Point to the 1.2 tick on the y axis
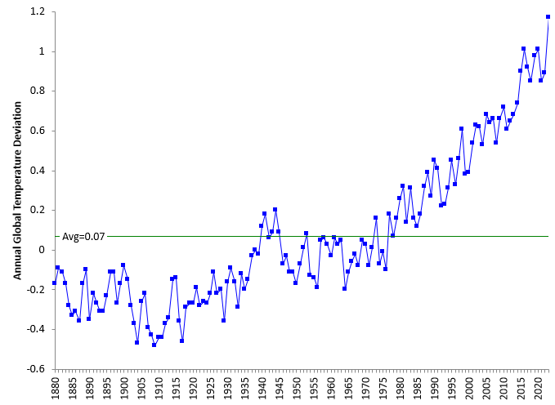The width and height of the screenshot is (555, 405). tap(36, 12)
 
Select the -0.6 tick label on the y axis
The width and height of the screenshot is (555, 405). tap(34, 369)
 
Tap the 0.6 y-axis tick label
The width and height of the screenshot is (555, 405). tap(36, 131)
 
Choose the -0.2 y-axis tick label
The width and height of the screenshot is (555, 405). tap(34, 290)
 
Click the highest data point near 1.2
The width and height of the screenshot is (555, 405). tap(548, 16)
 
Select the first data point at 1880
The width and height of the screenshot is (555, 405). tap(54, 283)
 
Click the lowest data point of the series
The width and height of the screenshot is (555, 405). tap(154, 345)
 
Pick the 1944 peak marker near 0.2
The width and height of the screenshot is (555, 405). tap(275, 210)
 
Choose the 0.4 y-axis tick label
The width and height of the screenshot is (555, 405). tap(36, 171)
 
